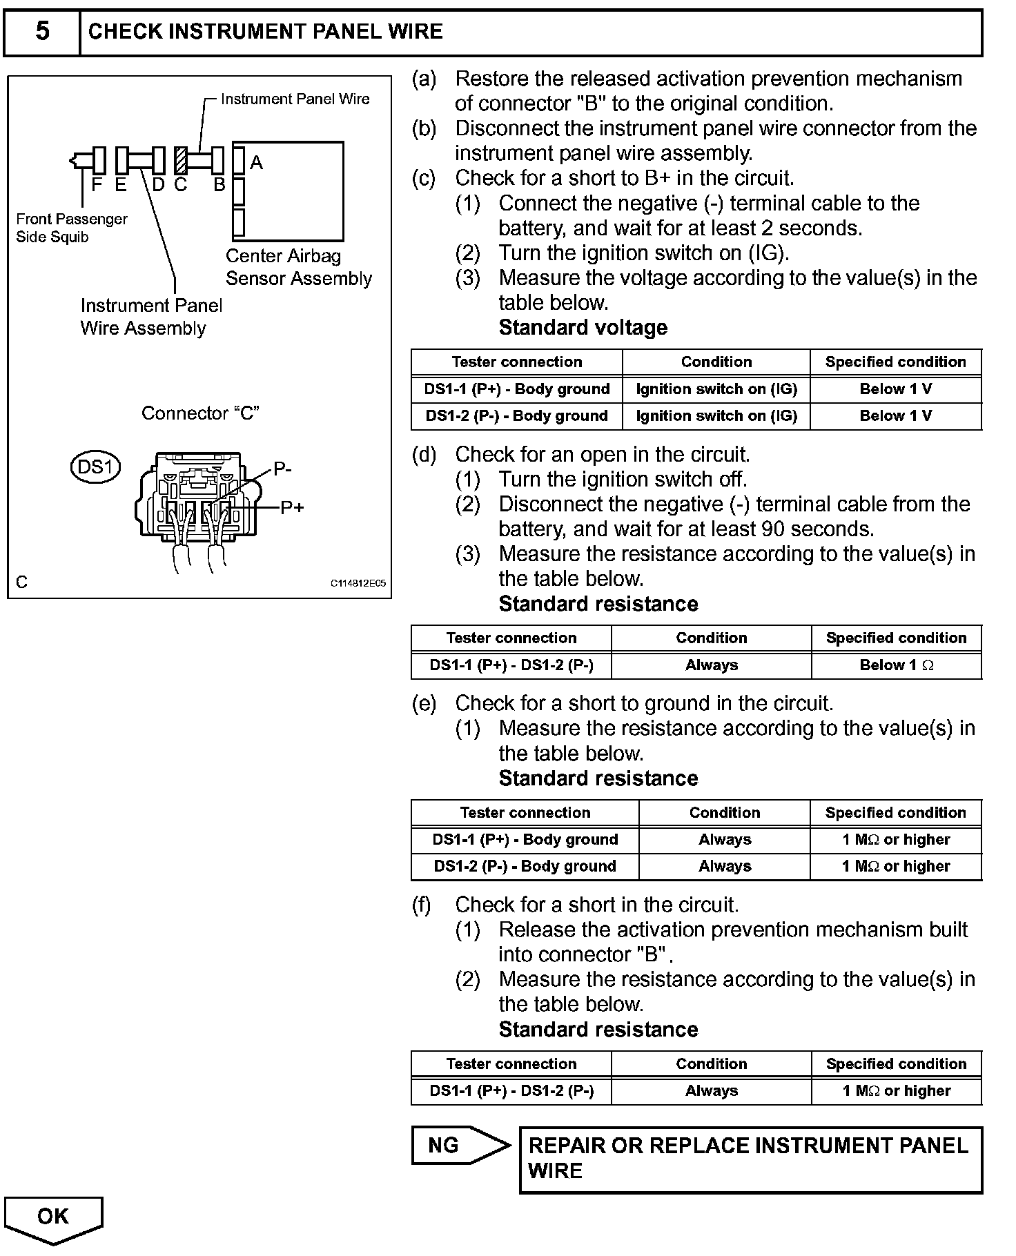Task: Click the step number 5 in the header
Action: pos(42,32)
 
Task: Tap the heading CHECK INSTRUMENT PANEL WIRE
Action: pos(265,32)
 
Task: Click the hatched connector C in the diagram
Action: pos(181,161)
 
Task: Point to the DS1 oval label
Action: pos(95,467)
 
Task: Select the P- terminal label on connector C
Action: pos(282,469)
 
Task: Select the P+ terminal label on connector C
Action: pos(292,508)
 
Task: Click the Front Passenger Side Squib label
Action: pos(71,228)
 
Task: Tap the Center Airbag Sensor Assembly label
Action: pos(298,267)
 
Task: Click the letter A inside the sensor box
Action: pos(256,163)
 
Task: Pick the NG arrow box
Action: pos(459,1146)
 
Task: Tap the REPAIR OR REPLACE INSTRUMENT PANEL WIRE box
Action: pos(750,1159)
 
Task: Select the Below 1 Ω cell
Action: pos(896,665)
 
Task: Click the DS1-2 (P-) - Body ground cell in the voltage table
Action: pos(516,416)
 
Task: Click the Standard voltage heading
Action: pos(583,328)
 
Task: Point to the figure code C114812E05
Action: pos(358,583)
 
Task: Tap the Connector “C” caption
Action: pos(200,413)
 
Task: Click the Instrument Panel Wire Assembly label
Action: pos(151,317)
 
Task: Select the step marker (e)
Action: pos(424,703)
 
